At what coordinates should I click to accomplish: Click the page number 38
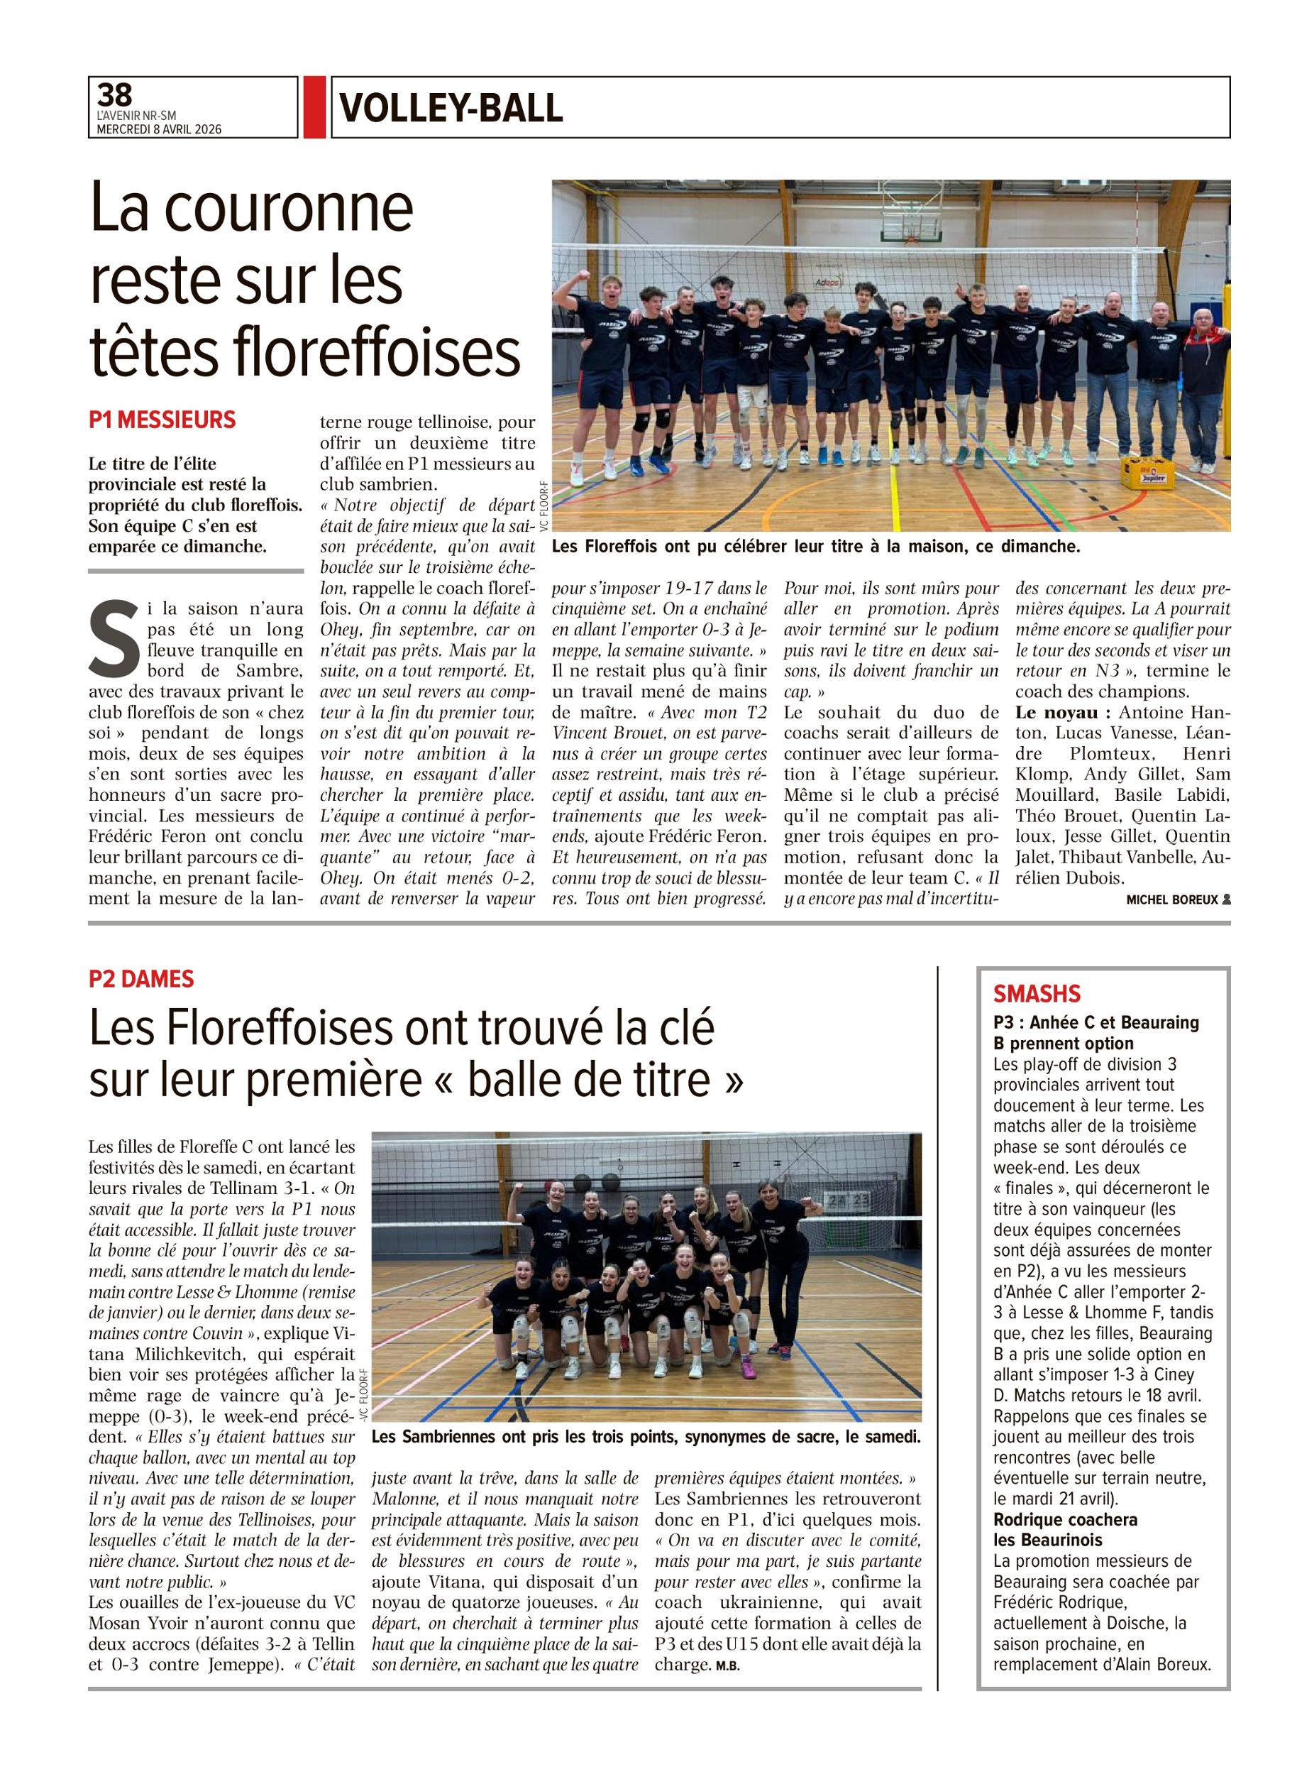click(116, 95)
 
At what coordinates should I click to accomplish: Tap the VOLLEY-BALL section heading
click(451, 108)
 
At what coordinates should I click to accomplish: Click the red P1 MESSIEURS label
click(162, 420)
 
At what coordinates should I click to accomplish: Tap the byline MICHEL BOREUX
click(1172, 900)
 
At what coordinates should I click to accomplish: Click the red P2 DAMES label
click(141, 978)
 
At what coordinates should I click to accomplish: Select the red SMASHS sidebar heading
click(1037, 994)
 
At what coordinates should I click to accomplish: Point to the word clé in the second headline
click(683, 1027)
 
